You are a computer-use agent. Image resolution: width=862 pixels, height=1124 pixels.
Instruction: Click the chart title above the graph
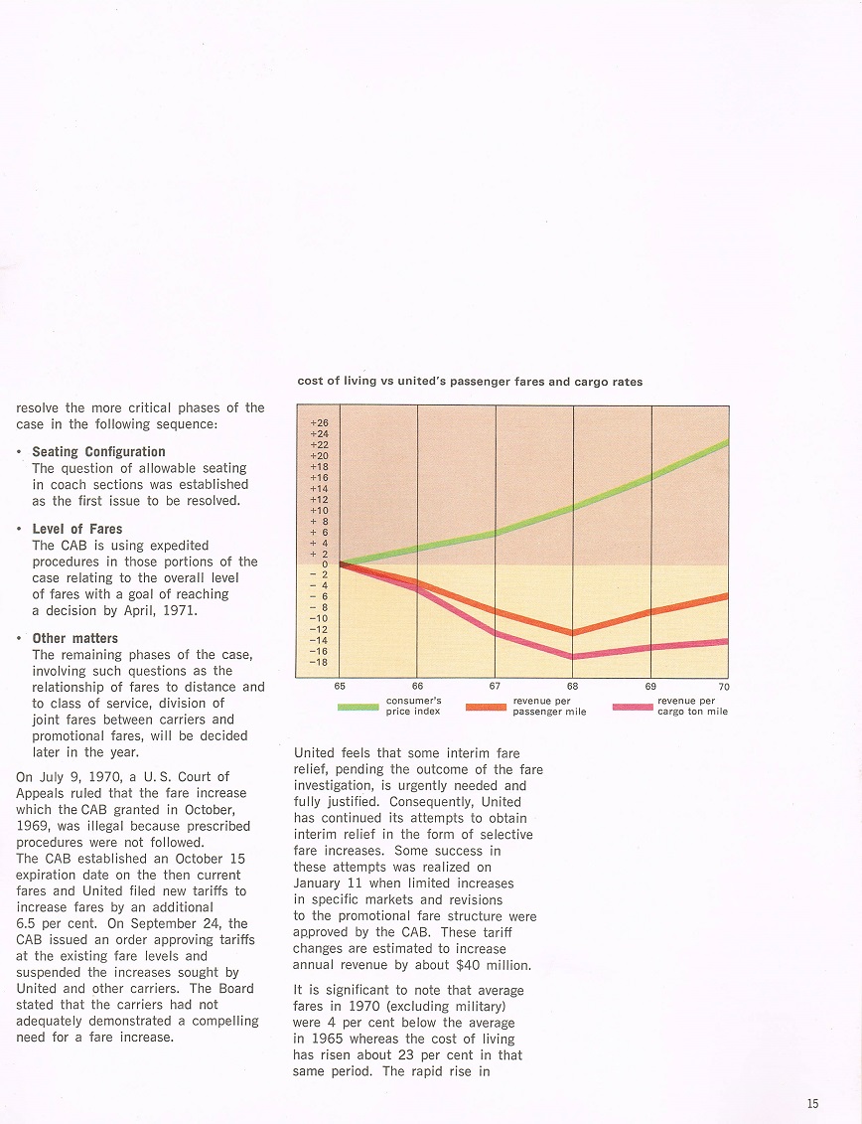pyautogui.click(x=470, y=382)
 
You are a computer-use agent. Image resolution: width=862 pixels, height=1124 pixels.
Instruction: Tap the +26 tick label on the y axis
pyautogui.click(x=319, y=422)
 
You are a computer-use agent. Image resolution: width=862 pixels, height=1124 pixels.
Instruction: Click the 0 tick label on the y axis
pyautogui.click(x=324, y=563)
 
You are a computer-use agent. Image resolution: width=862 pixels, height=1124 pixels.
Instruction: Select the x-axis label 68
pyautogui.click(x=572, y=686)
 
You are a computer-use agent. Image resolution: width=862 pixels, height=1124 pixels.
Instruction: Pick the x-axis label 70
pyautogui.click(x=724, y=686)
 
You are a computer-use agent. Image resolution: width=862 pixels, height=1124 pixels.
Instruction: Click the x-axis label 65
pyautogui.click(x=340, y=686)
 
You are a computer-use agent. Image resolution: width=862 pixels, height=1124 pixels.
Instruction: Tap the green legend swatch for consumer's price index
pyautogui.click(x=358, y=707)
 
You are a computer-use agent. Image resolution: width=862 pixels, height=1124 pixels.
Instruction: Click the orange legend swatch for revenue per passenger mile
pyautogui.click(x=486, y=707)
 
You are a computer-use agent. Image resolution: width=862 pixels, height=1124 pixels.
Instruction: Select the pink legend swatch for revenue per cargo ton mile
pyautogui.click(x=632, y=707)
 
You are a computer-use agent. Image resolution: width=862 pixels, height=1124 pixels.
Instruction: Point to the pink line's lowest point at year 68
pyautogui.click(x=573, y=656)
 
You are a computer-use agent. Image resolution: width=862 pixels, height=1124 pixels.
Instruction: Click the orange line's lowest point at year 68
pyautogui.click(x=573, y=632)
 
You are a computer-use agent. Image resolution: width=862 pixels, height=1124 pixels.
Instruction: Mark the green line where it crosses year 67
pyautogui.click(x=496, y=534)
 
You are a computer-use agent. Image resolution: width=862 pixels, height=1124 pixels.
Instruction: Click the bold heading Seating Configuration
pyautogui.click(x=98, y=451)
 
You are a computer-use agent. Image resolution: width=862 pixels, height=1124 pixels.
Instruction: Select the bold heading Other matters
pyautogui.click(x=74, y=638)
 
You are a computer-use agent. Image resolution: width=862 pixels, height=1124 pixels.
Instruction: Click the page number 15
pyautogui.click(x=813, y=1103)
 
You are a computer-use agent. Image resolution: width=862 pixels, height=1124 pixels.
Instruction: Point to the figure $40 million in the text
pyautogui.click(x=497, y=965)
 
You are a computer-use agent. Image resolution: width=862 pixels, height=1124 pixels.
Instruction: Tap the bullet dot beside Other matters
pyautogui.click(x=21, y=638)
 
